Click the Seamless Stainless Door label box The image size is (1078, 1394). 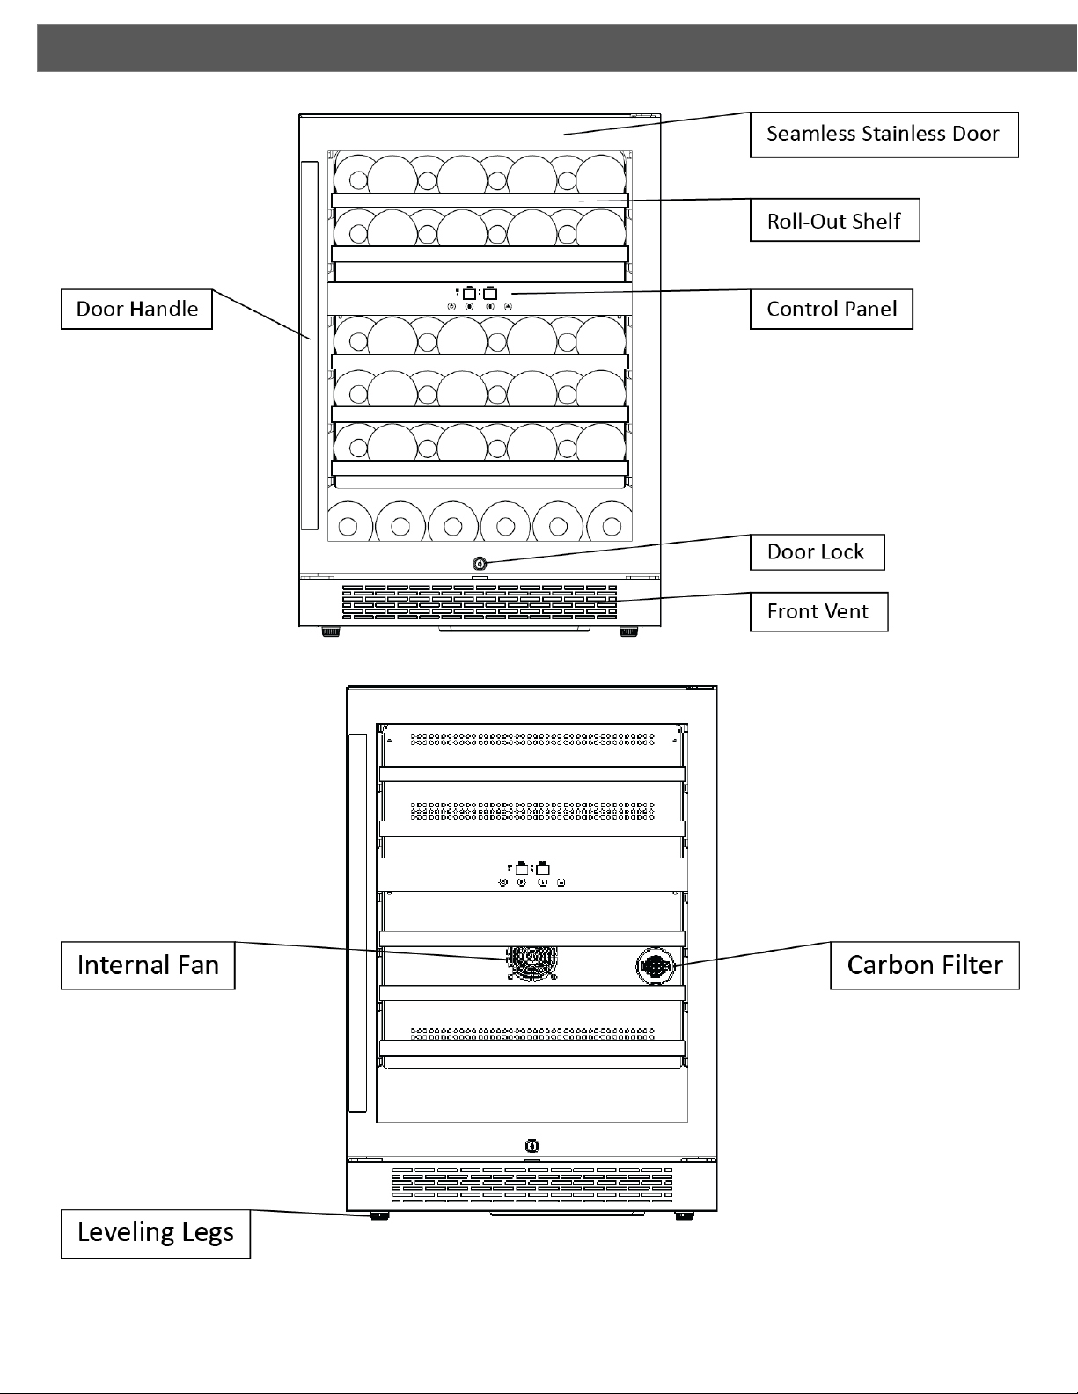tap(884, 135)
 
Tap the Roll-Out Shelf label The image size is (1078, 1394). tap(834, 220)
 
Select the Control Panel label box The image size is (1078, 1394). tap(831, 310)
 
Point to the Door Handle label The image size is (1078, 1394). tap(136, 310)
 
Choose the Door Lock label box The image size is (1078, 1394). tap(817, 552)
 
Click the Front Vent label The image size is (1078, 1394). tap(818, 612)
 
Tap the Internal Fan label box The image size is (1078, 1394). tap(148, 966)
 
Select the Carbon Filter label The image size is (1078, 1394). tap(925, 966)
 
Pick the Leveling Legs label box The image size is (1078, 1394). tap(155, 1234)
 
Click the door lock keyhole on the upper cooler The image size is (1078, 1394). tap(480, 564)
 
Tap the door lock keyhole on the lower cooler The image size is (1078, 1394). tap(532, 1146)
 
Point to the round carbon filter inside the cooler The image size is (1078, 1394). tap(655, 966)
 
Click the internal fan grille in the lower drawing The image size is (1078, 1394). tap(532, 964)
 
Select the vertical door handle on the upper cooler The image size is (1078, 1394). tap(309, 345)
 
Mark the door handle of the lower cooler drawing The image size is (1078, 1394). tap(357, 923)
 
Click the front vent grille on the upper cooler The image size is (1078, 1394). tap(480, 602)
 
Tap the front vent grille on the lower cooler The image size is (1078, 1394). tap(532, 1184)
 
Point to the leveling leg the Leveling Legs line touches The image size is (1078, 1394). tap(380, 1215)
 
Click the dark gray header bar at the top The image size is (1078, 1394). tap(557, 48)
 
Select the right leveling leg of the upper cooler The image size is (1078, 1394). tap(629, 631)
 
